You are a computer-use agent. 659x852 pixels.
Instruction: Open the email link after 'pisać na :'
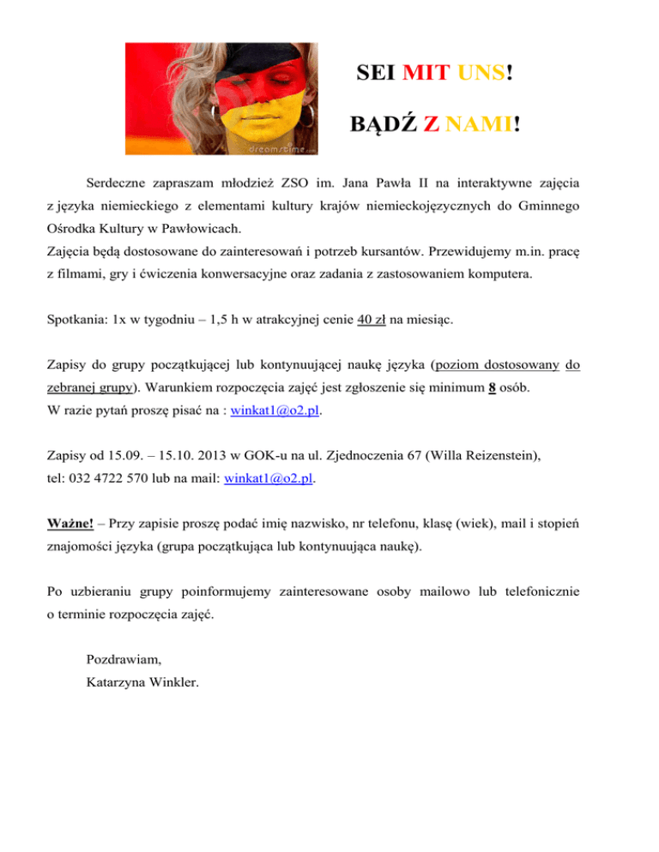click(275, 411)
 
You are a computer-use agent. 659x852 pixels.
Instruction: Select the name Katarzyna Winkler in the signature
click(142, 683)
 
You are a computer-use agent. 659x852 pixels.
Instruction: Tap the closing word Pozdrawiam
click(124, 660)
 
